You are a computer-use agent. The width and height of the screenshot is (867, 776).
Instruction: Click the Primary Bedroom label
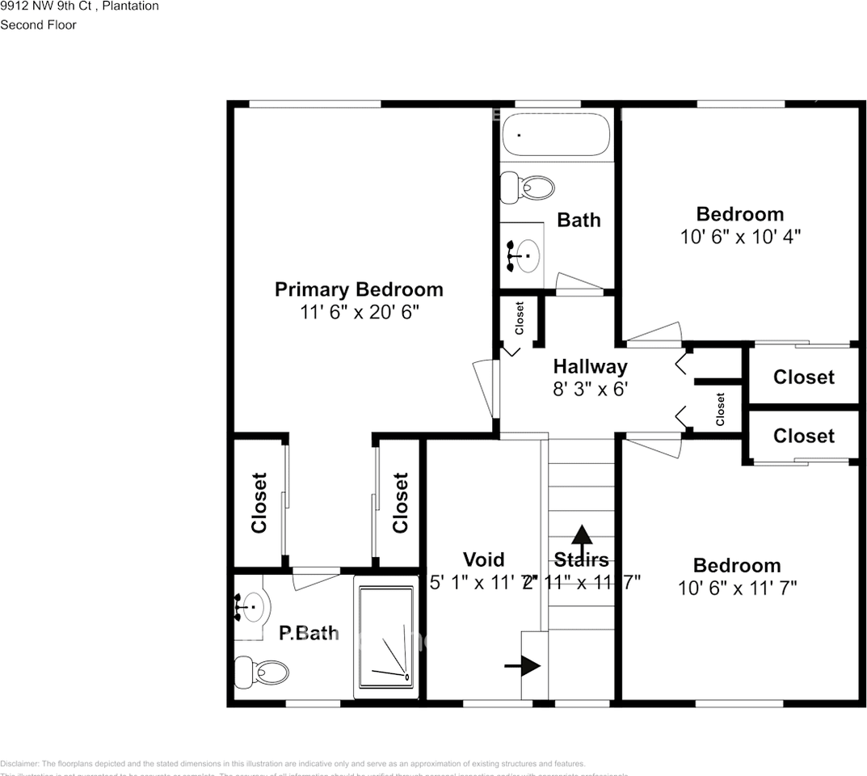pos(359,289)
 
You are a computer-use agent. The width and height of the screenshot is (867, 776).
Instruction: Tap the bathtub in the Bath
pos(556,135)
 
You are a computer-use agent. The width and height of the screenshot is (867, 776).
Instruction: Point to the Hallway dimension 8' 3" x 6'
pos(590,389)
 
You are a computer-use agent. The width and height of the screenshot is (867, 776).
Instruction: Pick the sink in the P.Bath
pos(251,605)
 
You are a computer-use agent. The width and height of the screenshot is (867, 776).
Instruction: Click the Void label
pos(483,559)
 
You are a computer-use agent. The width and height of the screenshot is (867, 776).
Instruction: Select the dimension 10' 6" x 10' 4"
pos(739,236)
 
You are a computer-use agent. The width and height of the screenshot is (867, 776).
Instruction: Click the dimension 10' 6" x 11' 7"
pos(737,588)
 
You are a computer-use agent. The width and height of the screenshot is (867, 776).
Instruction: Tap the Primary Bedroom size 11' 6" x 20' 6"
pos(359,311)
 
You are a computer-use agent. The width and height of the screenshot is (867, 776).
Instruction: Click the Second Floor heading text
pos(38,25)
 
